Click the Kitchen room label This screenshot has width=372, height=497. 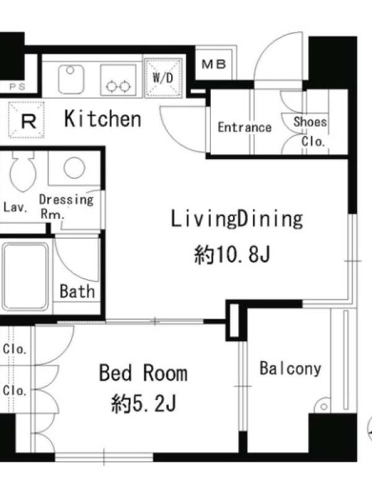click(x=102, y=119)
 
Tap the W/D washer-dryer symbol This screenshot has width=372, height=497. click(x=163, y=78)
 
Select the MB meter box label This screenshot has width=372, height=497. click(x=214, y=65)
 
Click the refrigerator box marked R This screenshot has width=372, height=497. click(x=26, y=120)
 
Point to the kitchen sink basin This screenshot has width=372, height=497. click(x=71, y=80)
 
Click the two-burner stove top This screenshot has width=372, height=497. click(x=118, y=80)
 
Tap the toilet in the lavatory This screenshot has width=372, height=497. click(x=23, y=171)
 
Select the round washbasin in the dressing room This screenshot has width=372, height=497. click(x=74, y=167)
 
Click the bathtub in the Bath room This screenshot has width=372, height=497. click(x=25, y=276)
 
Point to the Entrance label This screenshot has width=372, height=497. click(x=244, y=127)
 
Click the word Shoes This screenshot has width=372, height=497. click(x=310, y=122)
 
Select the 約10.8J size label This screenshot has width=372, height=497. click(x=232, y=255)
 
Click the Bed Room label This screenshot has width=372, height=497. click(x=143, y=373)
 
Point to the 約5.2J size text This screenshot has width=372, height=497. click(x=143, y=403)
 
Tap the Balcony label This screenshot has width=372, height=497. click(x=290, y=368)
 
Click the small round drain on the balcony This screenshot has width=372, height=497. click(x=323, y=406)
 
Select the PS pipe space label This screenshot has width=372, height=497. click(x=17, y=86)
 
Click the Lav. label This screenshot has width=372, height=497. click(x=15, y=207)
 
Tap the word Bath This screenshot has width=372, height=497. click(x=77, y=291)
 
